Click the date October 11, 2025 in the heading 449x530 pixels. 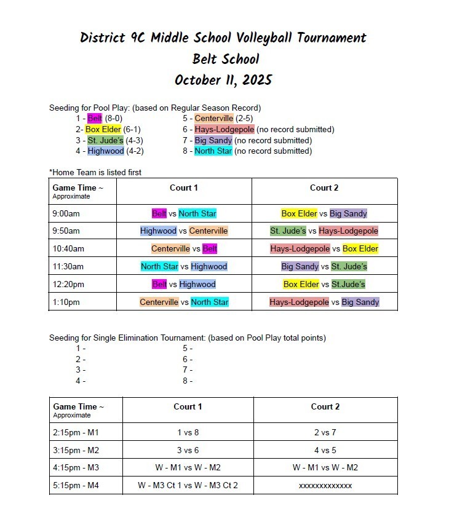point(223,80)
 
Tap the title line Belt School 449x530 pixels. point(225,59)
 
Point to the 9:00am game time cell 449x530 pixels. point(66,214)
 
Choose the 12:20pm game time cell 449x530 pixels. point(68,284)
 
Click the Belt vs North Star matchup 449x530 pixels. point(184,214)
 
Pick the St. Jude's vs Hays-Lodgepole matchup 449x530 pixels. point(324,231)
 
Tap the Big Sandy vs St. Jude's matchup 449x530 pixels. point(324,267)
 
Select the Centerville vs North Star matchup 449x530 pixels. point(184,302)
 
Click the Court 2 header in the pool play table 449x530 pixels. point(324,188)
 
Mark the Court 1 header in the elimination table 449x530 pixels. point(188,406)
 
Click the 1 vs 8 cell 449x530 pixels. point(188,433)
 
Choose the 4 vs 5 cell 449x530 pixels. point(325,450)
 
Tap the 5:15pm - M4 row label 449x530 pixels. point(76,485)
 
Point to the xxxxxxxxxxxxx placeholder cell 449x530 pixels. point(325,485)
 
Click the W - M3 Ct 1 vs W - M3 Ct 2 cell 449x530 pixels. point(188,485)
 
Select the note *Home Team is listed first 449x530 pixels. point(95,172)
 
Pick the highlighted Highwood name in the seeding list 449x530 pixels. point(105,151)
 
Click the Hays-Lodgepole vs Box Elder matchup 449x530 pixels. point(324,249)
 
